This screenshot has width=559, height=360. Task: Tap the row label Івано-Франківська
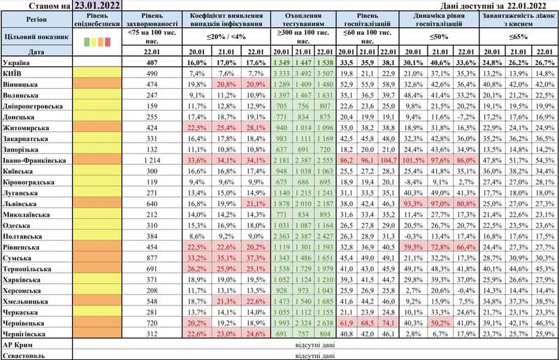click(34, 160)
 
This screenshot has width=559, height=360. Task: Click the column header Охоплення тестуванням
click(300, 19)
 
